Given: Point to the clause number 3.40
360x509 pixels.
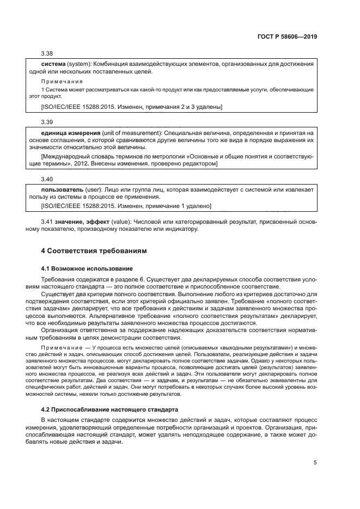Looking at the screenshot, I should [x=48, y=179].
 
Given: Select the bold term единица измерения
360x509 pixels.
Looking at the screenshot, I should [x=69, y=133].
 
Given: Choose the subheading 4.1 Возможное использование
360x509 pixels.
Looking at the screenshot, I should [x=87, y=268].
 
